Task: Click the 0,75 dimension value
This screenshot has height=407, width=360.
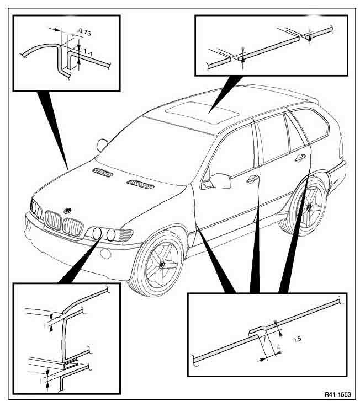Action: coord(84,33)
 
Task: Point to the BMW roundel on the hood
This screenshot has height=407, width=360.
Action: coord(67,211)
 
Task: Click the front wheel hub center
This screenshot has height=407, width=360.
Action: coord(162,264)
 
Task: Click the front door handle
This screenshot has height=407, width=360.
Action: coord(252,178)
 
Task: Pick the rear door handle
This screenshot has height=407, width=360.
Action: coord(300,158)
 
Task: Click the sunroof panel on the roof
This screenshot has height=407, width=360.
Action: coord(202,112)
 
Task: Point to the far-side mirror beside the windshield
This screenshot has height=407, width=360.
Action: coord(102,144)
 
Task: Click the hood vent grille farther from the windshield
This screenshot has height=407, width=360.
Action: coord(103,173)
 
